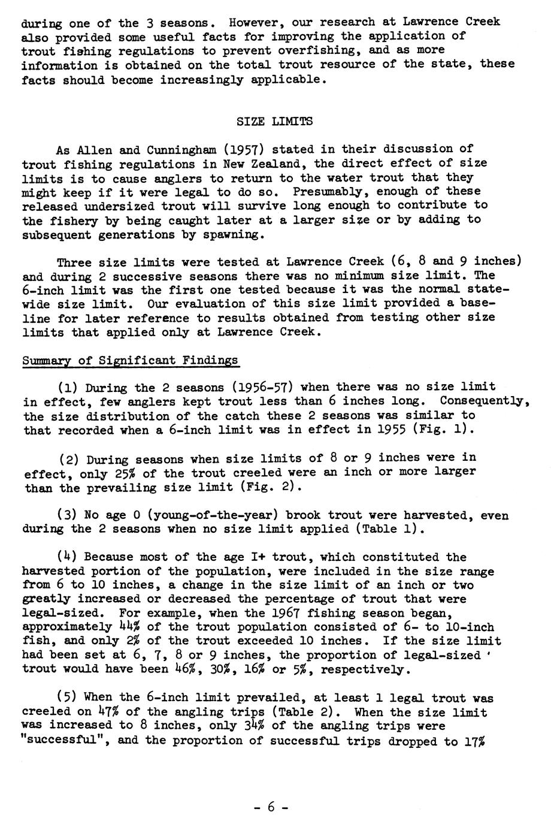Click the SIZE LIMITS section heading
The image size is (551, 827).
[275, 121]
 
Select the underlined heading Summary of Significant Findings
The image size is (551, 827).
[131, 361]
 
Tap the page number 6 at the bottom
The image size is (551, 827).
[271, 807]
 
